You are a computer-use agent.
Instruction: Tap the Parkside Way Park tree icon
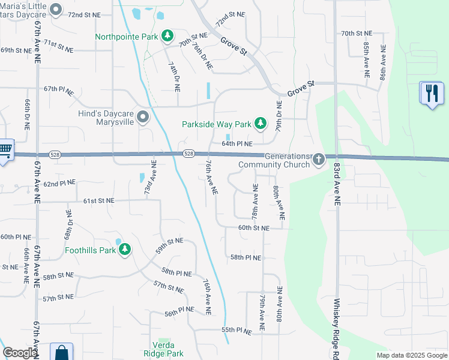click(261, 124)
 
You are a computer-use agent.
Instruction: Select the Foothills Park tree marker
click(125, 250)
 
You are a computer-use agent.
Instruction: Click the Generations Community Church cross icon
click(319, 160)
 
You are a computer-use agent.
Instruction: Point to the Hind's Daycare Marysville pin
click(143, 117)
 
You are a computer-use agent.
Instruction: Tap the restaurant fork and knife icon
click(431, 94)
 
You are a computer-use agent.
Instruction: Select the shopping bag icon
click(61, 353)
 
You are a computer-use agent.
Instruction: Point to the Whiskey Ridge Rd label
click(337, 327)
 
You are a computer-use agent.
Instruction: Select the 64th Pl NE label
click(237, 144)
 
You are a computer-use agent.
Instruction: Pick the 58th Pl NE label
click(246, 257)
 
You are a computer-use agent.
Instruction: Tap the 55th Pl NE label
click(236, 330)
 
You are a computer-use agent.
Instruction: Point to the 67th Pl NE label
click(59, 90)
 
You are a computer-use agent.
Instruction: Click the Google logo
click(20, 353)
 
